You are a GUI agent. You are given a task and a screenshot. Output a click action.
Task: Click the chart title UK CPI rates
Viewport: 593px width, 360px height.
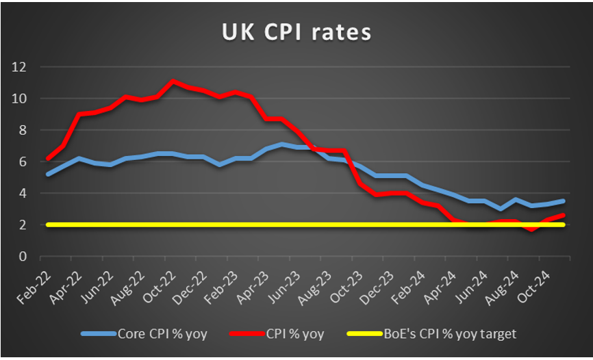coord(296,31)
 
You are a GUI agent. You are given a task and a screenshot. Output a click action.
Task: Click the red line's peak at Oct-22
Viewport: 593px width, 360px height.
coord(173,81)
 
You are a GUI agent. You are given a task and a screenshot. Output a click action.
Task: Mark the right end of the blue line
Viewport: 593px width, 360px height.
coord(564,201)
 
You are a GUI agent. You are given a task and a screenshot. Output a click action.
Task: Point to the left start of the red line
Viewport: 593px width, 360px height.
coord(47,158)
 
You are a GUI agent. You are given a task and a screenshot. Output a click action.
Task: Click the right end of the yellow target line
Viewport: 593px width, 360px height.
coord(564,224)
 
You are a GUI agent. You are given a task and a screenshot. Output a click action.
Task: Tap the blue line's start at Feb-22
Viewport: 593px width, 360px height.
coord(47,174)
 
